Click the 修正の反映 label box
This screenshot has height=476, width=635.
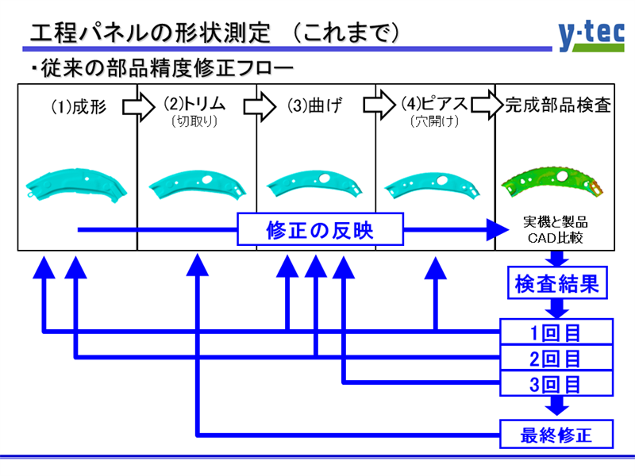(x=319, y=231)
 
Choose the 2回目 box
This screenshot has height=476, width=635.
(x=556, y=357)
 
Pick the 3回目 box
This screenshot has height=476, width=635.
(x=556, y=384)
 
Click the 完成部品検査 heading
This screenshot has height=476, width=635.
(x=558, y=104)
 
